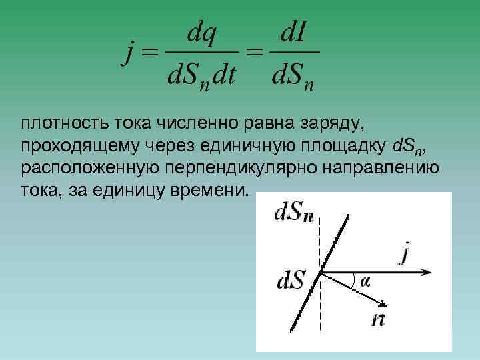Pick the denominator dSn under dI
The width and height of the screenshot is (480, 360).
(293, 79)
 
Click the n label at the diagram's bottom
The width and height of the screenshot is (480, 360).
(378, 318)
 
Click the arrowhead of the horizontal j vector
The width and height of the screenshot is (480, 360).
(429, 272)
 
